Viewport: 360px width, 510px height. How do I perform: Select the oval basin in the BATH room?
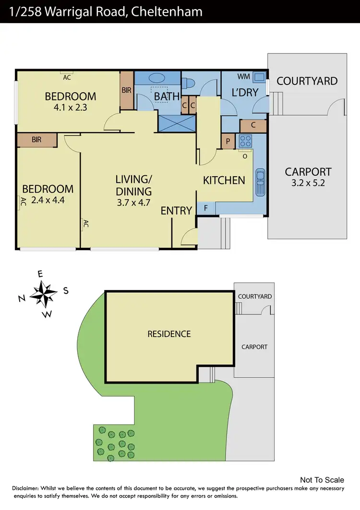pyautogui.click(x=156, y=78)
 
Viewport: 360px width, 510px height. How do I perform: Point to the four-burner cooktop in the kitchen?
pyautogui.click(x=245, y=141)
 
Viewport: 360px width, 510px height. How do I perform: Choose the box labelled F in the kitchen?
pyautogui.click(x=206, y=208)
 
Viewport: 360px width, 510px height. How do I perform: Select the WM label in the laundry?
pyautogui.click(x=243, y=77)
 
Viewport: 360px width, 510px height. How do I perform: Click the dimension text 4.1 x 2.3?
pyautogui.click(x=71, y=108)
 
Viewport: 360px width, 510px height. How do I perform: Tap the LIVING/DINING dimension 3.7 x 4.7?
pyautogui.click(x=133, y=202)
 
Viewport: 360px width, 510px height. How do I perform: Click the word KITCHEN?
pyautogui.click(x=224, y=181)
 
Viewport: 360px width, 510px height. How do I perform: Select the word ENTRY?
pyautogui.click(x=176, y=210)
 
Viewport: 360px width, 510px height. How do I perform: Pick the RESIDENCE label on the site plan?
pyautogui.click(x=169, y=334)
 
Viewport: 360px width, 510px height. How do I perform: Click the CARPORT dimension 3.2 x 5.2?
pyautogui.click(x=308, y=183)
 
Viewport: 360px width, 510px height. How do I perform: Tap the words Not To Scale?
pyautogui.click(x=322, y=480)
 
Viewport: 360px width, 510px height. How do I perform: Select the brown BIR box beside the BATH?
pyautogui.click(x=127, y=90)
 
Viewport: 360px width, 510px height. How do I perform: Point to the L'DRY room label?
pyautogui.click(x=245, y=93)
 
